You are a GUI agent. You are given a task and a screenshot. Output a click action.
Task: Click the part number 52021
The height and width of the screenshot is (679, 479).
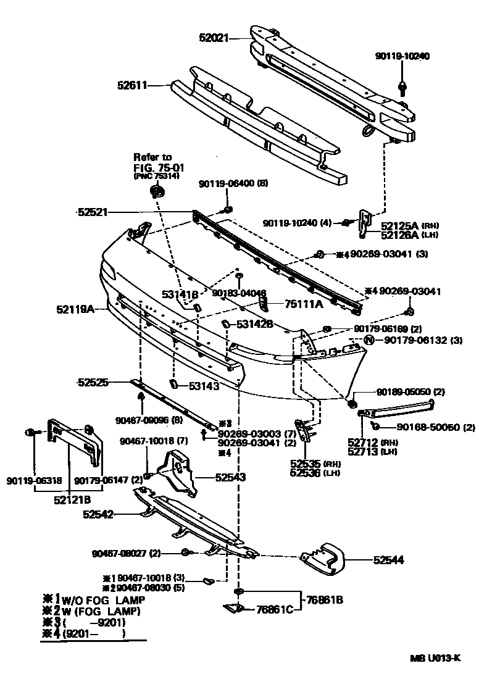[x=213, y=38]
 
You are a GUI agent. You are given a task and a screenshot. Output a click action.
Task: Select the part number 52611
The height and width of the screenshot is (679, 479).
[x=133, y=86]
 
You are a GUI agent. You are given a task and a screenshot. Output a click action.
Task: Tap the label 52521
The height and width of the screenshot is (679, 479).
[x=93, y=212]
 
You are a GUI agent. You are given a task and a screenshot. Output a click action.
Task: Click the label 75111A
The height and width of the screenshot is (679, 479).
[x=303, y=304]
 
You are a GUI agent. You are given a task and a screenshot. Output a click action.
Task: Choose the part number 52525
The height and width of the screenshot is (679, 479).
[x=93, y=383]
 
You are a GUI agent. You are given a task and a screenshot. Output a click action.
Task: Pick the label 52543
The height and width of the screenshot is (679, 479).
[x=230, y=477]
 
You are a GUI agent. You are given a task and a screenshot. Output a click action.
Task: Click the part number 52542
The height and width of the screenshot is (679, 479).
[x=99, y=514]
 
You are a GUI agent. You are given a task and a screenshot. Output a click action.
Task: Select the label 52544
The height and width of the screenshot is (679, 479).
[x=388, y=560]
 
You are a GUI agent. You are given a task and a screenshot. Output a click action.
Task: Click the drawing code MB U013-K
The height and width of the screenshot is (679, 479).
[x=435, y=657]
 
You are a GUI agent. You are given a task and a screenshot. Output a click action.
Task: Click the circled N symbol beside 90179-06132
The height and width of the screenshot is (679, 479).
[x=369, y=339]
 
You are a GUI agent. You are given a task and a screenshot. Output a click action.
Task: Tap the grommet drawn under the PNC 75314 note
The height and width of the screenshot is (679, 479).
[x=157, y=193]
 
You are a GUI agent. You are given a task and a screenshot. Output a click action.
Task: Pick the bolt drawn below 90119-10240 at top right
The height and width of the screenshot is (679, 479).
[x=402, y=86]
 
